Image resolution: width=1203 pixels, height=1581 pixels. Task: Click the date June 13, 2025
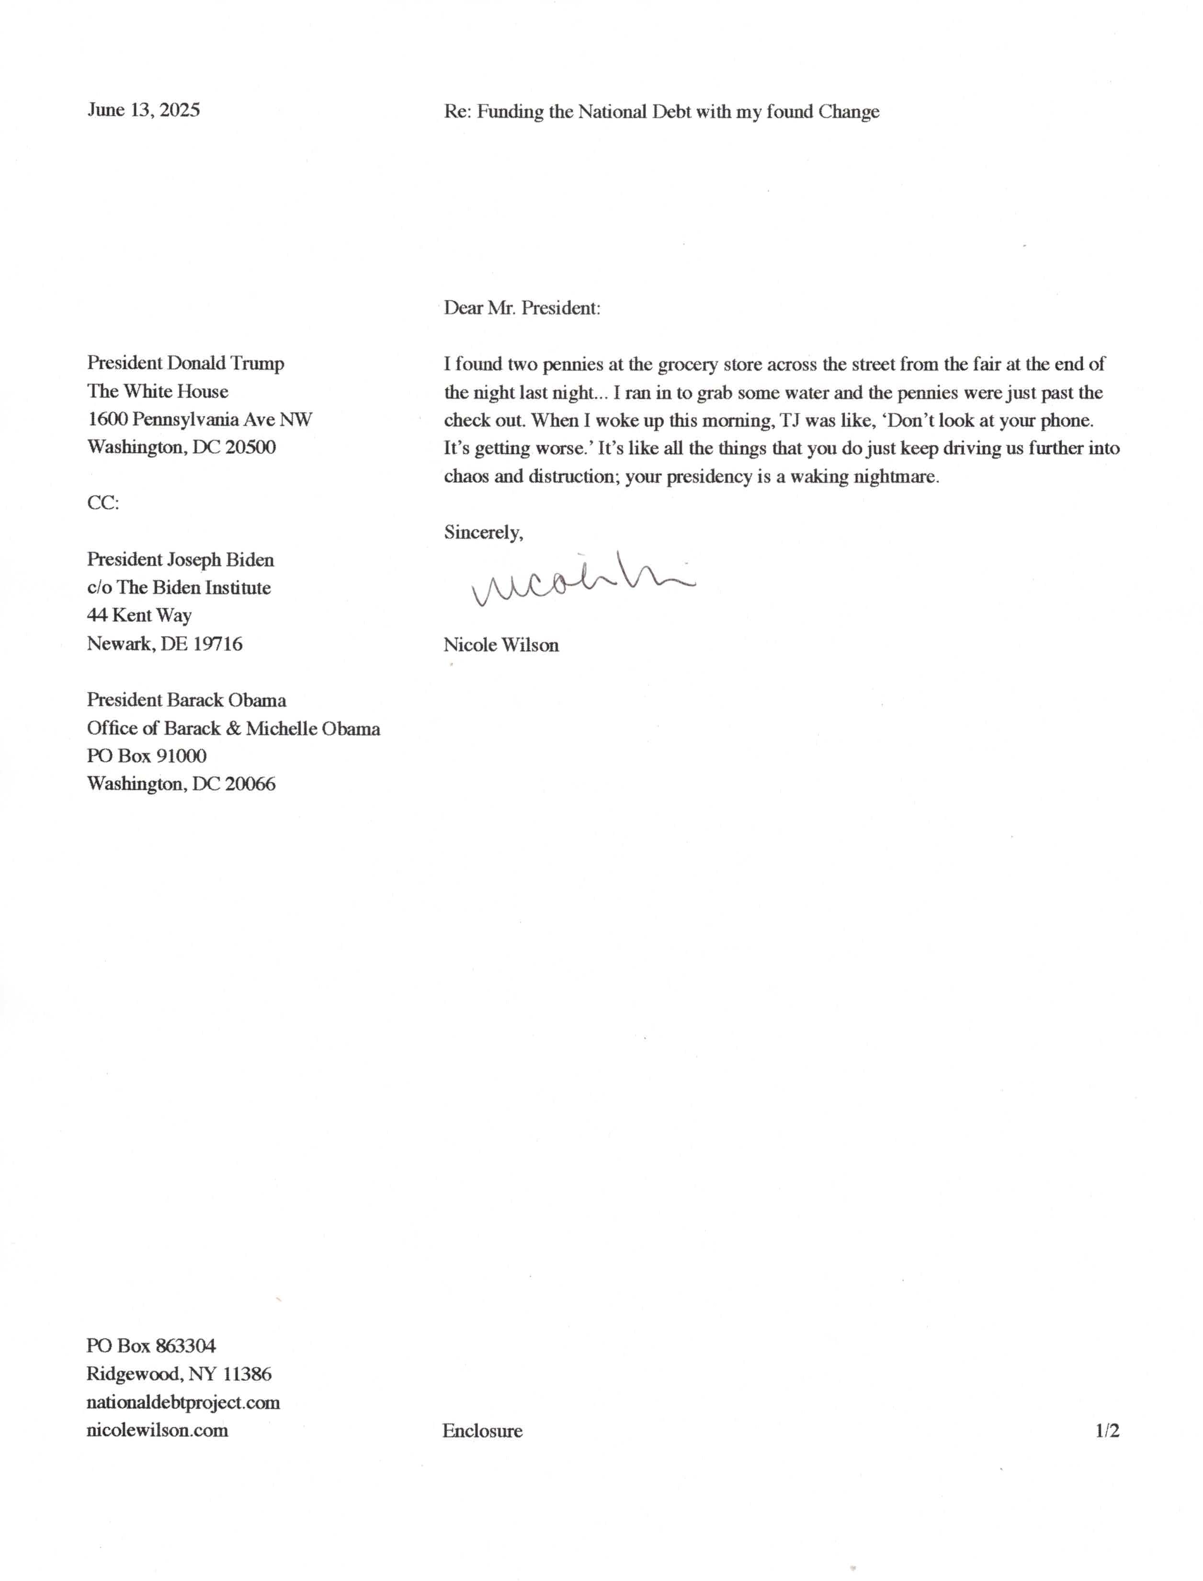tap(143, 110)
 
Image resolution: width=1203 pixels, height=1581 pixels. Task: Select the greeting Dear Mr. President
tap(522, 308)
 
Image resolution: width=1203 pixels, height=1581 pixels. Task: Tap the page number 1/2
tap(1107, 1431)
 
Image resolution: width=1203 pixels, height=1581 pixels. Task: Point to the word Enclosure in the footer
tap(483, 1431)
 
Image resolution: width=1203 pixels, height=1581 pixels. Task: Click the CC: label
tap(103, 503)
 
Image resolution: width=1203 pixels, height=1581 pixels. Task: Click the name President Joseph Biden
tap(181, 559)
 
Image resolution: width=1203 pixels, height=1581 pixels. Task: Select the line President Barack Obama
tap(186, 700)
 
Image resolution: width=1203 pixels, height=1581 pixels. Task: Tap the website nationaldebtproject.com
tap(183, 1402)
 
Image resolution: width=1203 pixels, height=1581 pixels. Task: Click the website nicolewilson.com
tap(158, 1431)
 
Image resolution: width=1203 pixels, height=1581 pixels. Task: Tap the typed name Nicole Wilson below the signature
tap(501, 645)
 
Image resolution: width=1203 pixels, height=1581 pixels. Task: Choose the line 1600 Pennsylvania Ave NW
tap(200, 420)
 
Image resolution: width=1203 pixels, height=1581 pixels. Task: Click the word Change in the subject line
tap(849, 112)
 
